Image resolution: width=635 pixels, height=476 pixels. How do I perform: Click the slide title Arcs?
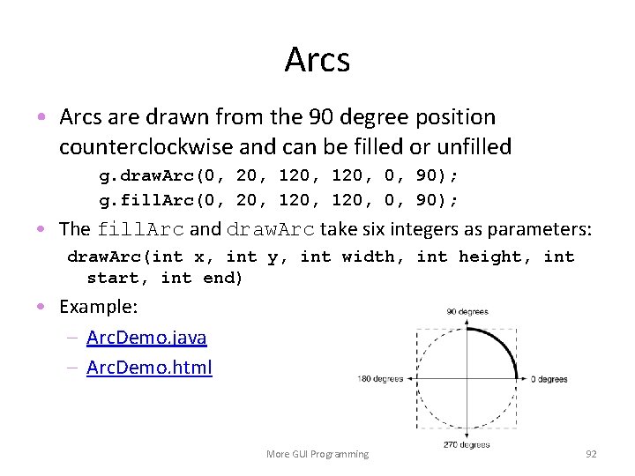317,60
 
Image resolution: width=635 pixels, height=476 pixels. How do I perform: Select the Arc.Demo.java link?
146,338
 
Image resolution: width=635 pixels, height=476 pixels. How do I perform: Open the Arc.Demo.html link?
149,368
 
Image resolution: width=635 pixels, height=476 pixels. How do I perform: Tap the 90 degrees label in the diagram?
467,312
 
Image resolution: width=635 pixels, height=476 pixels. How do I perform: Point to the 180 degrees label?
380,379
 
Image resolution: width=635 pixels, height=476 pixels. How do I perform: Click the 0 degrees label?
549,379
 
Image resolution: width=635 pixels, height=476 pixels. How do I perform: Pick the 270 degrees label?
467,445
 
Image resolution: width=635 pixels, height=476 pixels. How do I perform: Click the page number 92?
591,454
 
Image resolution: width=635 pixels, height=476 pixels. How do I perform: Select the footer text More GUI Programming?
317,454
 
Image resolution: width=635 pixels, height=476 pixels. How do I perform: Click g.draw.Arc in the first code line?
141,175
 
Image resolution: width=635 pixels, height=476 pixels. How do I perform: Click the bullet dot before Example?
42,307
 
